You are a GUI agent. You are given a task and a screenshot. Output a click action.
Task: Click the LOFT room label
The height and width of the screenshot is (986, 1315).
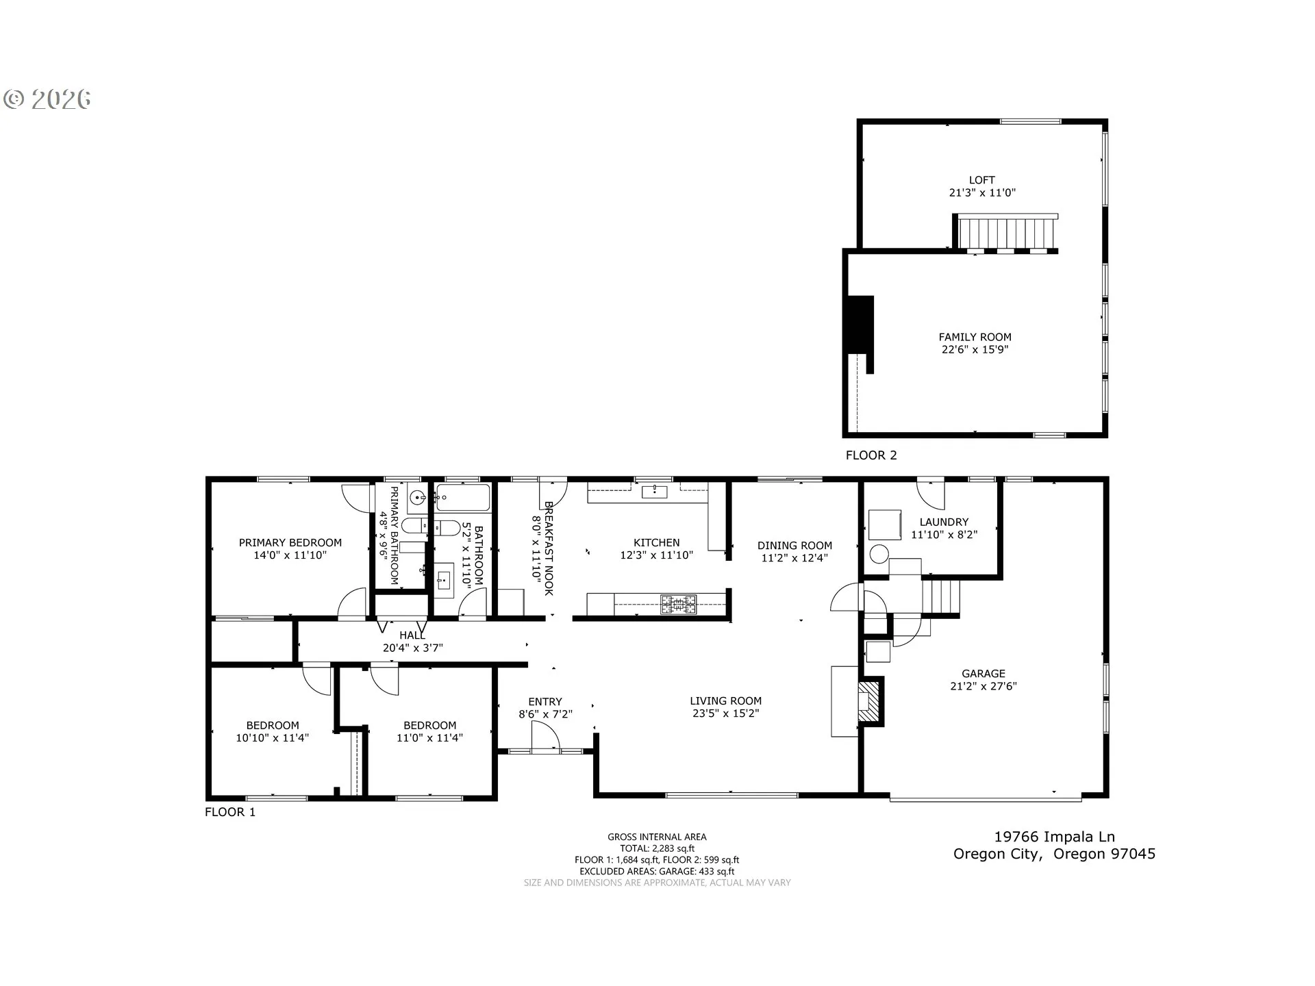tap(981, 180)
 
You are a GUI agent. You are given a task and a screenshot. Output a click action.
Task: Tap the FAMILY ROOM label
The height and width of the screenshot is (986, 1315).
tap(975, 337)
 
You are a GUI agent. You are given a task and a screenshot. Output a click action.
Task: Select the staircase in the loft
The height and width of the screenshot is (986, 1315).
tap(1007, 233)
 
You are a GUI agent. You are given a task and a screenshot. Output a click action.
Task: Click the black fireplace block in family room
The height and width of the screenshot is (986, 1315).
tap(861, 325)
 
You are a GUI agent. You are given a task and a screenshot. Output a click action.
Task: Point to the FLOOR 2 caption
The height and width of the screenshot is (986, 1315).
tap(871, 455)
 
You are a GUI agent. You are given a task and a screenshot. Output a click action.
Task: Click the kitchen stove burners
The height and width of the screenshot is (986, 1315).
tap(678, 604)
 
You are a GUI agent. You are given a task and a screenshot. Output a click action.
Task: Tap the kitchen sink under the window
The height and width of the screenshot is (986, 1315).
tap(655, 491)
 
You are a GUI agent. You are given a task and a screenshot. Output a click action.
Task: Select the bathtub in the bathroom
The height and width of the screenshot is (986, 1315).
tap(463, 498)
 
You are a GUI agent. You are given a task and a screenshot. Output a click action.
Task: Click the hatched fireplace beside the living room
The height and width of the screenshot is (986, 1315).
tap(868, 700)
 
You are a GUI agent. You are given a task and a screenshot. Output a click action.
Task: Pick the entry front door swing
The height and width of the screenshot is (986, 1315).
tap(546, 738)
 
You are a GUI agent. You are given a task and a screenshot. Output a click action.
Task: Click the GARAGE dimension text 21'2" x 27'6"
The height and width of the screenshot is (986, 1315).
tap(983, 686)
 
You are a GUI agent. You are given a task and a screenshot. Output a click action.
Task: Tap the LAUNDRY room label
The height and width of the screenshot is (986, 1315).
tap(944, 522)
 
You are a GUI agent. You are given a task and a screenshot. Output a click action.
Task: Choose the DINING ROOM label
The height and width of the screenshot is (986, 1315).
tap(794, 546)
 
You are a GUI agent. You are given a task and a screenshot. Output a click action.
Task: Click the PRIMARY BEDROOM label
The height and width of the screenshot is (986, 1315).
tap(290, 543)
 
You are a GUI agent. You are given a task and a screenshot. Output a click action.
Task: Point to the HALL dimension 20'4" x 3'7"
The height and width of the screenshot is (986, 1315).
tap(413, 648)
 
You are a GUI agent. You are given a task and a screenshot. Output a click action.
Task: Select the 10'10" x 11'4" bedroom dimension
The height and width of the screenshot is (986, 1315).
tap(273, 738)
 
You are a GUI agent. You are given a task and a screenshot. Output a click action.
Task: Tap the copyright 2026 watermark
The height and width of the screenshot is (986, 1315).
tap(47, 99)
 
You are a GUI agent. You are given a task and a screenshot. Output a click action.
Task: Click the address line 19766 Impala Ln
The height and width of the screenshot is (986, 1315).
tap(1055, 837)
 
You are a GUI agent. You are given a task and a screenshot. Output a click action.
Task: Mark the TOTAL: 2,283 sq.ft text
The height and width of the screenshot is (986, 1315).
tap(657, 848)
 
